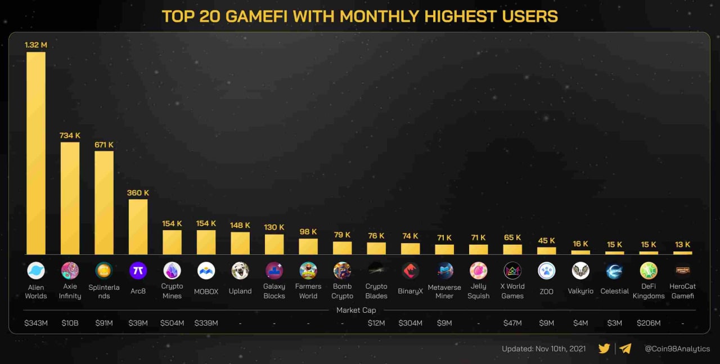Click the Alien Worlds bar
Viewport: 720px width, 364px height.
[x=36, y=153]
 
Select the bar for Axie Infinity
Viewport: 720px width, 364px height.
[x=70, y=198]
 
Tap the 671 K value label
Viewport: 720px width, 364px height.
[x=104, y=145]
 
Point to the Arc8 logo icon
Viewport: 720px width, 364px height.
[x=138, y=271]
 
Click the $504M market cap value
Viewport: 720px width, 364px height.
[x=172, y=323]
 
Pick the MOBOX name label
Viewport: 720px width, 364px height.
[x=206, y=291]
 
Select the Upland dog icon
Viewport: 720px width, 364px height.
[x=240, y=271]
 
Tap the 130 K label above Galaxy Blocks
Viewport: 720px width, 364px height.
[x=274, y=227]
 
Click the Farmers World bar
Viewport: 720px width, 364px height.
[x=308, y=246]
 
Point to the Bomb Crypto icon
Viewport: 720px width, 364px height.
[x=342, y=271]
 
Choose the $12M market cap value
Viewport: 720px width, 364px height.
[x=376, y=323]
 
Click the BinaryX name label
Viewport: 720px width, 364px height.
[x=410, y=291]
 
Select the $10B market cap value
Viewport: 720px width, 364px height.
[x=70, y=323]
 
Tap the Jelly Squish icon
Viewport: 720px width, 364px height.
[x=479, y=271]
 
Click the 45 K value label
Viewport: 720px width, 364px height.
[x=546, y=241]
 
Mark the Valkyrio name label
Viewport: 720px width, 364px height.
[x=580, y=291]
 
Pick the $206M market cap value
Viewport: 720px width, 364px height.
[x=649, y=323]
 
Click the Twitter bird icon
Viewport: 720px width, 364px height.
[x=605, y=348]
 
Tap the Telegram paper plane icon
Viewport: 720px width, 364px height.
[x=625, y=348]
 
